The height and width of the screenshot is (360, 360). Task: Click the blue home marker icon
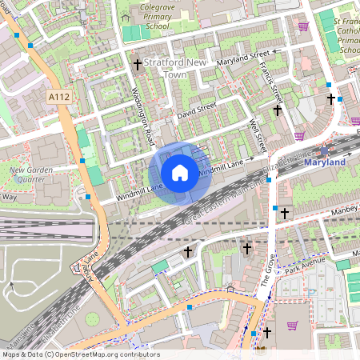180,173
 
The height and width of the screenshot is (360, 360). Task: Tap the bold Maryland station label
325,162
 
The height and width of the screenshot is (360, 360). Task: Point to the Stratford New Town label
176,67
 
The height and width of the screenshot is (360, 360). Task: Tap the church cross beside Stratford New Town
137,63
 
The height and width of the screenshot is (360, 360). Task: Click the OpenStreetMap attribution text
70,354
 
